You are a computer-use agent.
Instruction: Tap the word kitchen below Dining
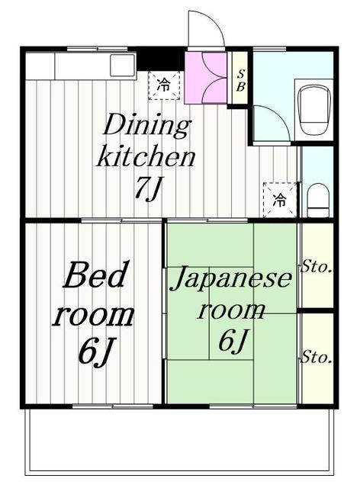[145, 157]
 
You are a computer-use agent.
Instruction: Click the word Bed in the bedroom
[95, 276]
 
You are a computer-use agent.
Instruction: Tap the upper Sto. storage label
[316, 267]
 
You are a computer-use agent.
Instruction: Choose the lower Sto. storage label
[316, 357]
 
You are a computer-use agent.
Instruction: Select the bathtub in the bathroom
[313, 111]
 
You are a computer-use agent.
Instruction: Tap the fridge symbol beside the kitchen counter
[164, 85]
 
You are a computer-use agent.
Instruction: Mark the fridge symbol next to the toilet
[280, 201]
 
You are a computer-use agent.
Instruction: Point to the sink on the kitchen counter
[122, 66]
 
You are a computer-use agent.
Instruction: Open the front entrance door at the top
[206, 30]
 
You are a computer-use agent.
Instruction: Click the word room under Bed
[93, 314]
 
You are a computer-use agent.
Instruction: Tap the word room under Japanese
[232, 310]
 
